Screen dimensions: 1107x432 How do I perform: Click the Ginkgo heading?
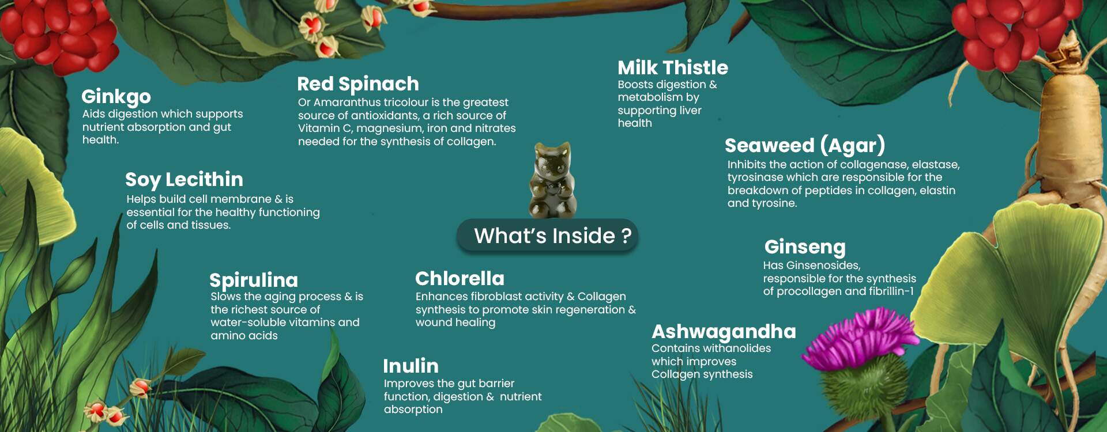click(116, 97)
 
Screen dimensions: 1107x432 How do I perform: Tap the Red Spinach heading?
click(358, 84)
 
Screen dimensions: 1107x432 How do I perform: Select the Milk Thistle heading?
click(673, 67)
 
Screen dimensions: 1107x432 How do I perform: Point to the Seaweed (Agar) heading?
click(805, 146)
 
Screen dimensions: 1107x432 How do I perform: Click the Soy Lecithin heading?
click(184, 180)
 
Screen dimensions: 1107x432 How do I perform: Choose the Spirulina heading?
click(254, 280)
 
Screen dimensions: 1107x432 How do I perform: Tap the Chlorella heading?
click(460, 278)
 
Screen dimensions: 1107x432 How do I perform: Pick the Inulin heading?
click(411, 366)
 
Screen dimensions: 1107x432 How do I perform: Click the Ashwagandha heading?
click(724, 332)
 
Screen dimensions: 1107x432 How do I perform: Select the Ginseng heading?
click(805, 247)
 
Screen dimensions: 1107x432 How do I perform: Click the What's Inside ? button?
click(548, 236)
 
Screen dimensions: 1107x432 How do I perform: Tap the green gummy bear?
click(551, 180)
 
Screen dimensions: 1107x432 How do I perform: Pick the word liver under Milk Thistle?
click(690, 111)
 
